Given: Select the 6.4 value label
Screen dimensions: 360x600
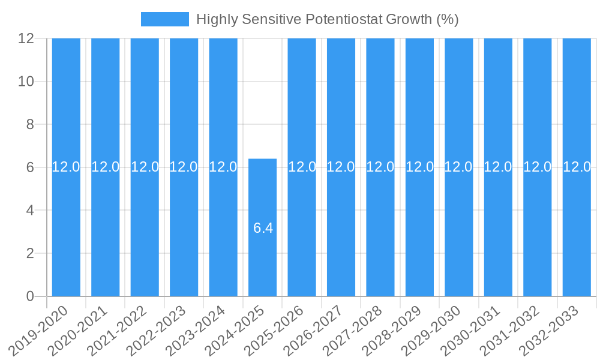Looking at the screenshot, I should pos(263,228).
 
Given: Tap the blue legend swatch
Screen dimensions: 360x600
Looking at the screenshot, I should pos(164,19).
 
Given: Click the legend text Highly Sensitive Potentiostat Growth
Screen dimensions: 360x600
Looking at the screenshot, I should pos(327,19).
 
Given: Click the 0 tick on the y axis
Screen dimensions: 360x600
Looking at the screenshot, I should pos(30,296).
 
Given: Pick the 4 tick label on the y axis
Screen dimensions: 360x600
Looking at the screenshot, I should pos(30,211).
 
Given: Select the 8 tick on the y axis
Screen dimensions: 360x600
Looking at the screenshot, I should pos(30,125).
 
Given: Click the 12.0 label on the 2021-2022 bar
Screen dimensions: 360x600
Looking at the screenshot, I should pos(145,167).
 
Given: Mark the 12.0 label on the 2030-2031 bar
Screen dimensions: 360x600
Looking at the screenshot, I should pos(498,167).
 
